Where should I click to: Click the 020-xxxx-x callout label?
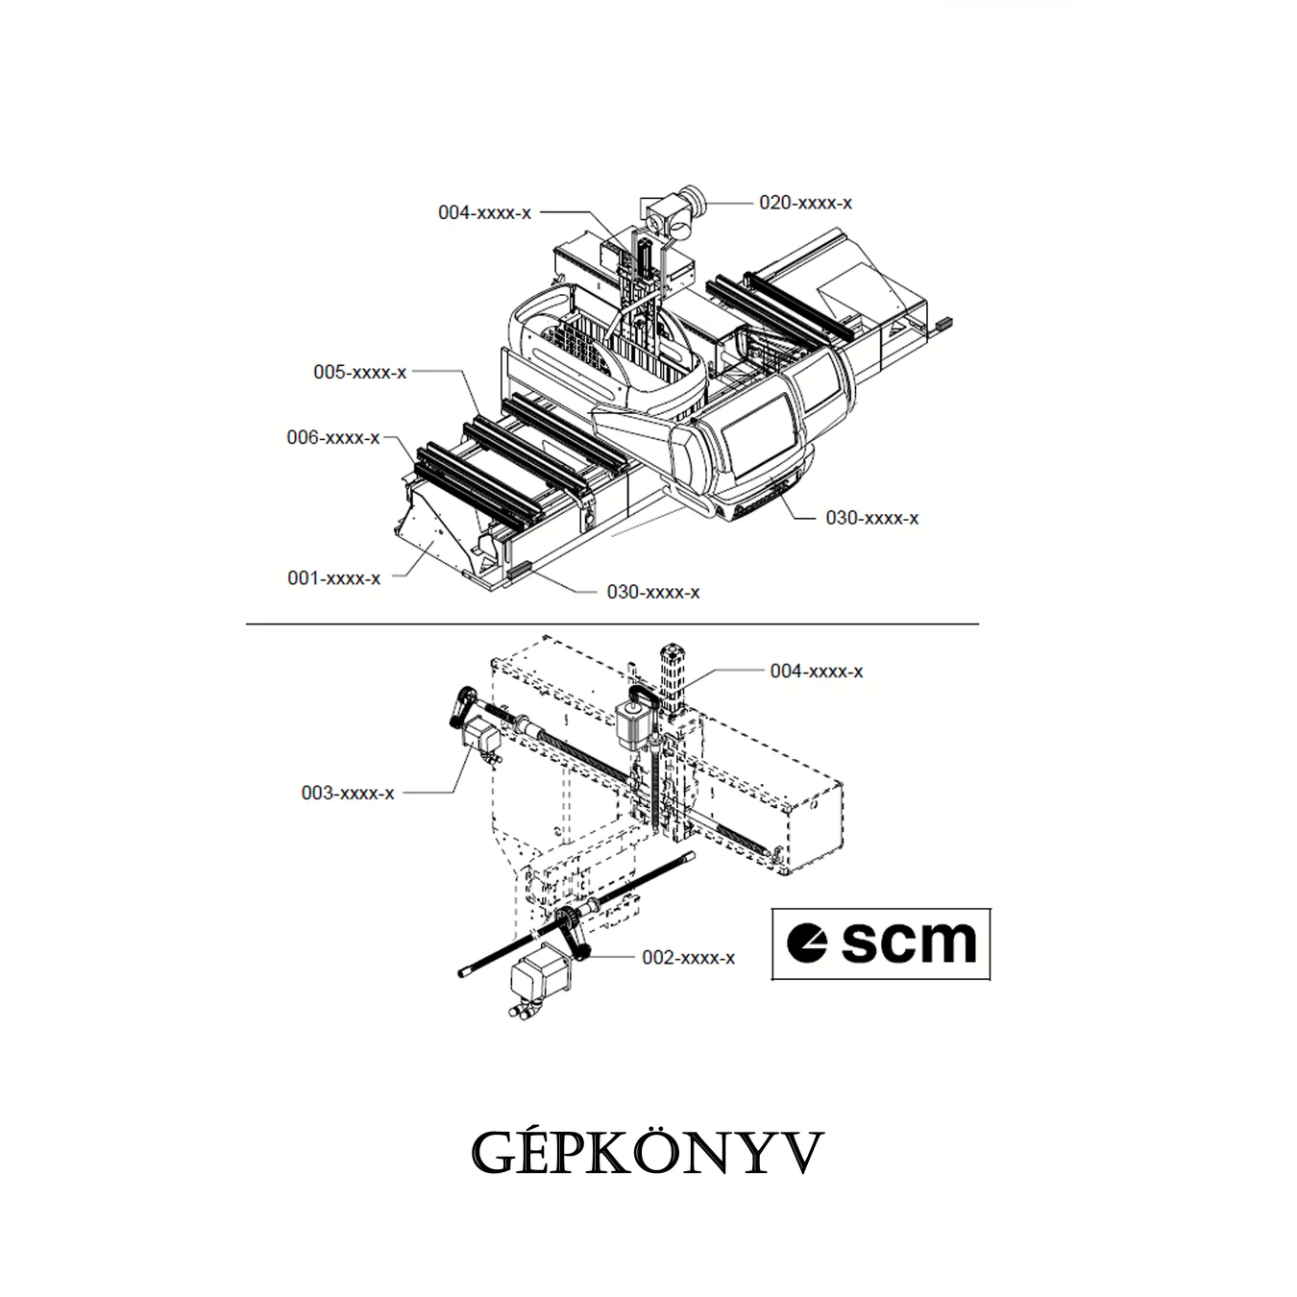tap(805, 203)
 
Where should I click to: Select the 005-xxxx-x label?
tap(359, 372)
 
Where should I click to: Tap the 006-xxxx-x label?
tap(333, 437)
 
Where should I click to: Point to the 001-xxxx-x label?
tap(333, 578)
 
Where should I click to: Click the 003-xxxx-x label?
tap(347, 793)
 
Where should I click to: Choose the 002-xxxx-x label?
tap(688, 957)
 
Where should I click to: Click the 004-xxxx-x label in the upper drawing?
tap(484, 212)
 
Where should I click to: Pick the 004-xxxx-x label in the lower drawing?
tap(817, 671)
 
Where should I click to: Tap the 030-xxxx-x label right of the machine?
tap(871, 518)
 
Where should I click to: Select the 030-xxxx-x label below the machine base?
tap(653, 593)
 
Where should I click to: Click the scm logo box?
tap(880, 943)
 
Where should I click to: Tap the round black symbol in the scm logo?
tap(807, 943)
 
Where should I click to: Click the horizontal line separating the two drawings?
tap(612, 624)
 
